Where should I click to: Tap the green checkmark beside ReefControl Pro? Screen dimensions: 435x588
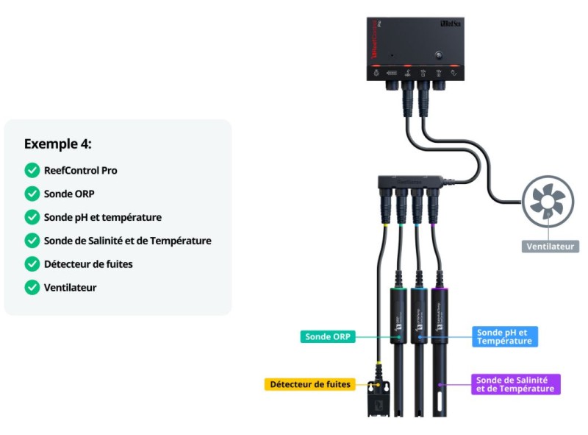click(x=32, y=171)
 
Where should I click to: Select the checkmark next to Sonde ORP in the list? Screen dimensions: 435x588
click(x=32, y=194)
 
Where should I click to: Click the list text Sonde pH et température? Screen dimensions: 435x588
click(x=102, y=217)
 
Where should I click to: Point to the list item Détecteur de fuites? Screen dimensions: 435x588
click(x=88, y=264)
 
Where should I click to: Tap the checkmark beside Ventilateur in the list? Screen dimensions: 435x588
click(x=32, y=287)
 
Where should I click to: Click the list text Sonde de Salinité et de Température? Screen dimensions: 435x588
click(x=127, y=241)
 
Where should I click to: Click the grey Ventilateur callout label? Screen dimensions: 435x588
click(x=550, y=247)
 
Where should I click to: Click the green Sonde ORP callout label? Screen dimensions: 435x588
click(x=327, y=337)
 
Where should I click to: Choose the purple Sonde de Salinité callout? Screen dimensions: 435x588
click(x=515, y=384)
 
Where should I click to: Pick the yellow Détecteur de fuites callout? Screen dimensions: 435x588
click(x=310, y=384)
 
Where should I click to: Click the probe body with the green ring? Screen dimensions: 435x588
click(x=399, y=316)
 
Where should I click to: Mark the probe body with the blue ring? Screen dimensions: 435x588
click(x=419, y=316)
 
